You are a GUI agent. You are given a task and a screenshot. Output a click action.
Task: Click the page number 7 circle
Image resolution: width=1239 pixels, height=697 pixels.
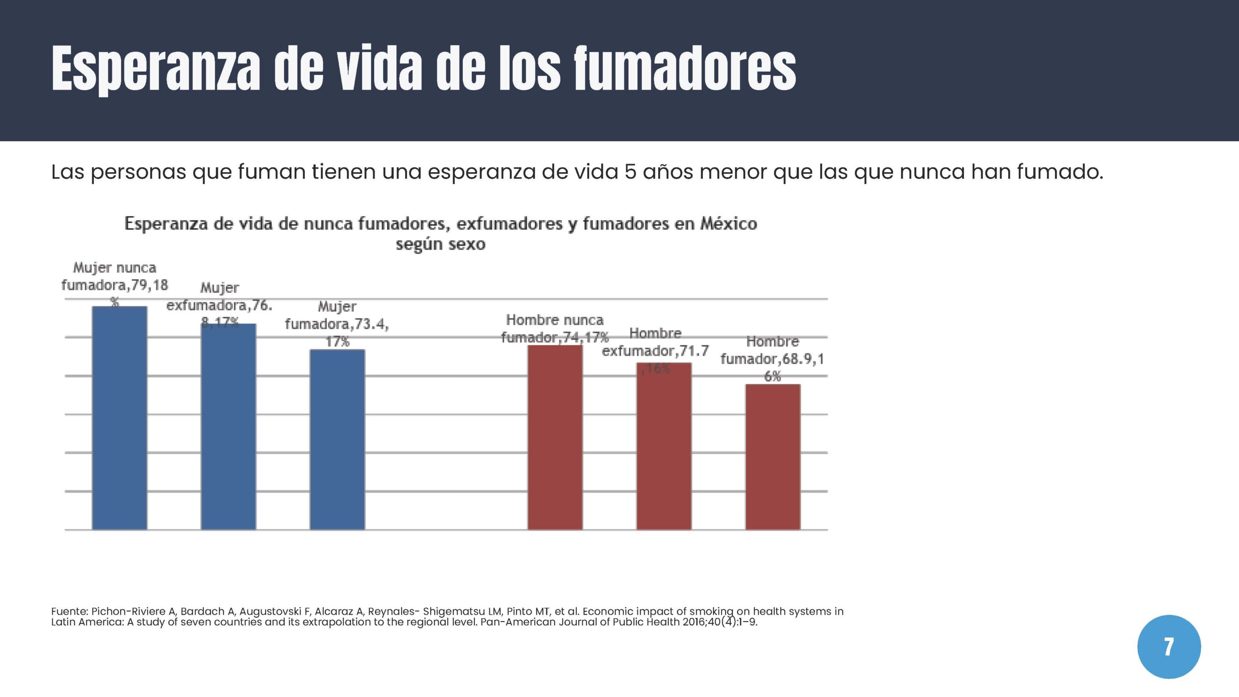point(1169,647)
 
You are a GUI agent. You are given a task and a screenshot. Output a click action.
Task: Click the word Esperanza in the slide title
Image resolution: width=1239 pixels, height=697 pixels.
point(155,69)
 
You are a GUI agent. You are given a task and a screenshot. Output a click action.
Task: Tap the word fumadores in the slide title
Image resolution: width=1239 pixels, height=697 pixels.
point(684,69)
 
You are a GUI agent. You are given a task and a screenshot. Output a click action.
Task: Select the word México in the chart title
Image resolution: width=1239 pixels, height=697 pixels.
point(729,224)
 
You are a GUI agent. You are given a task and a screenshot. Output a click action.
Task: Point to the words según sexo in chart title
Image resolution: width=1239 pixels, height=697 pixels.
point(440,244)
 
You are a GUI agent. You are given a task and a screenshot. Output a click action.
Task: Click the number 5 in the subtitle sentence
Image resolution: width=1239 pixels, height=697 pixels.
point(630,172)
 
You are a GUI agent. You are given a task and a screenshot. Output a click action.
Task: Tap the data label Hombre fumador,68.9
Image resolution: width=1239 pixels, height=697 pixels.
point(772,359)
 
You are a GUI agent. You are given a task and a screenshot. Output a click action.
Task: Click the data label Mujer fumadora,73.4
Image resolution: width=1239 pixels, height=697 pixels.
point(337,324)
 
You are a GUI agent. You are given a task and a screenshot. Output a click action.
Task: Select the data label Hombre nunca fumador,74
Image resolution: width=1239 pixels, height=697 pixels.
point(555,329)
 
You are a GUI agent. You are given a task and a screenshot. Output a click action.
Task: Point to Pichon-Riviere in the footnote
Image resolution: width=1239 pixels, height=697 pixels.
point(128,611)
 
